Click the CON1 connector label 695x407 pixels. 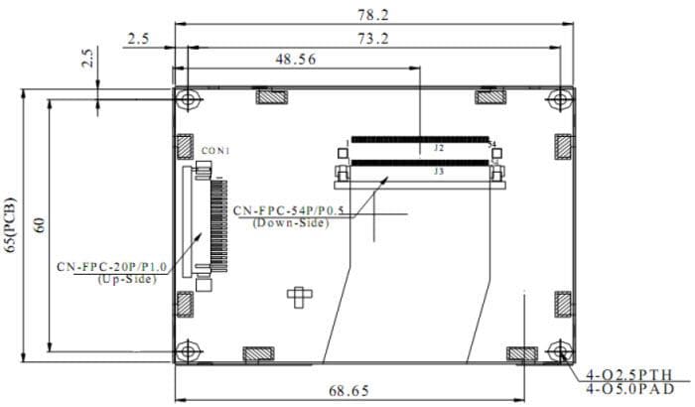coord(215,151)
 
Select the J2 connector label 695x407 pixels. coord(438,148)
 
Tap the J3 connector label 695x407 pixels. coord(438,171)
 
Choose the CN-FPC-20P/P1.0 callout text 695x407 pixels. coord(111,267)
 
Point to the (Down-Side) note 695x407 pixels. coord(290,222)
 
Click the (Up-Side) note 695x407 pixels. coord(126,279)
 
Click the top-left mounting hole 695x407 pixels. coord(188,99)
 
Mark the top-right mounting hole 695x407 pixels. coord(562,99)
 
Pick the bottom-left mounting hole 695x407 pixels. coord(188,351)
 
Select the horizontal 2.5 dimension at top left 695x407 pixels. coord(138,39)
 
